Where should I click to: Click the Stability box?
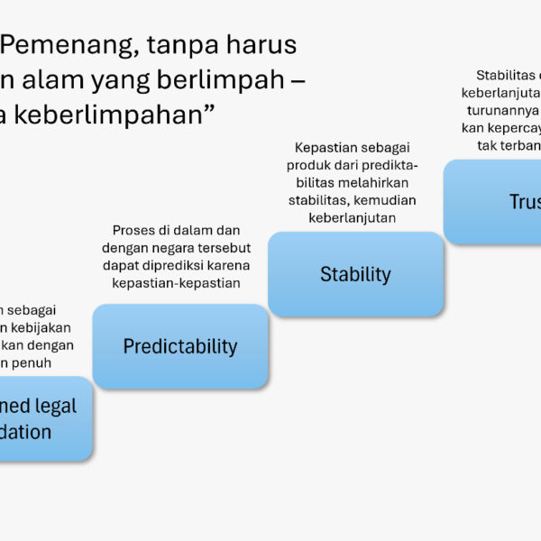pyautogui.click(x=355, y=274)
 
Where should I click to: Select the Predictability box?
pyautogui.click(x=180, y=346)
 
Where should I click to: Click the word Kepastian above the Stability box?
pyautogui.click(x=326, y=147)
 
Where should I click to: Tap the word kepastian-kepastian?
pyautogui.click(x=180, y=283)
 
